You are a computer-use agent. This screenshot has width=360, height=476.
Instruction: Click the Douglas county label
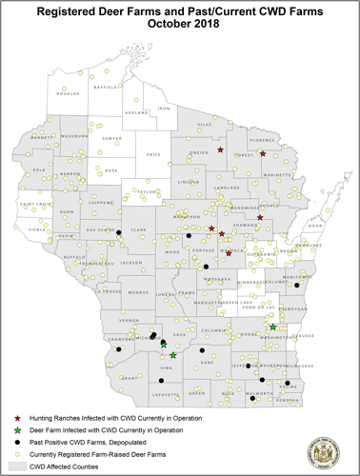click(68, 94)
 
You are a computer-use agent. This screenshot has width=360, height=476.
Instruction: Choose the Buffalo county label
click(73, 257)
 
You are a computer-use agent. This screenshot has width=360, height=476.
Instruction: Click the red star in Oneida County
click(220, 149)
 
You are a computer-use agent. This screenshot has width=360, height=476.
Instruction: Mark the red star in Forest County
click(262, 152)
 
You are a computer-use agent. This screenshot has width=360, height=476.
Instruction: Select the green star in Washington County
click(273, 327)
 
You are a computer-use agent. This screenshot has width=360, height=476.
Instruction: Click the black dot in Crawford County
click(119, 349)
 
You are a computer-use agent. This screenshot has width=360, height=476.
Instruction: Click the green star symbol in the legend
click(18, 430)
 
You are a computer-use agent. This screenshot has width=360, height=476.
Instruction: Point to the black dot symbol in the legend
click(18, 443)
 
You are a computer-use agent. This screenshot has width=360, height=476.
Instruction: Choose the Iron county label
click(164, 109)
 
